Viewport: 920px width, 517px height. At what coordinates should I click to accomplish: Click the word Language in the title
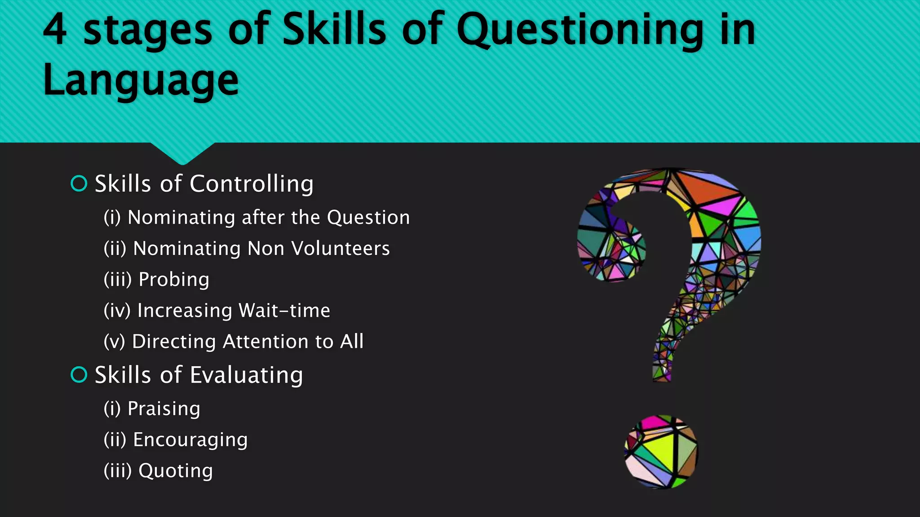(141, 81)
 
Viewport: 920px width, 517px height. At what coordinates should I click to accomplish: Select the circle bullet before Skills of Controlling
(79, 184)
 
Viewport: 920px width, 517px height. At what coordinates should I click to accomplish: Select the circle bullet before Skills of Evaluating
(79, 375)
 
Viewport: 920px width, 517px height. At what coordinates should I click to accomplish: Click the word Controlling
(252, 184)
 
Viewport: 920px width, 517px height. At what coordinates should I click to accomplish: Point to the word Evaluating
(246, 376)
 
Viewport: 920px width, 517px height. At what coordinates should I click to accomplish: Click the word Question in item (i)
(368, 218)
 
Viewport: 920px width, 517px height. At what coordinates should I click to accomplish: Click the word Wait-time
(284, 311)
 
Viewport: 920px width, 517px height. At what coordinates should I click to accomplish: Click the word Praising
(164, 409)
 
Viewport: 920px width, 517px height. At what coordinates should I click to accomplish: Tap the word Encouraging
(190, 440)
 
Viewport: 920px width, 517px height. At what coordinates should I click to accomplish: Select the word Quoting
(175, 471)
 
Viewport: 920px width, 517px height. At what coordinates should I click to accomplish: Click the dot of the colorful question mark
(661, 451)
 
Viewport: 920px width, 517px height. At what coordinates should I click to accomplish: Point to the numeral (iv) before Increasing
(117, 311)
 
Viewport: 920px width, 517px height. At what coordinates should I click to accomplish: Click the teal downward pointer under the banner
(182, 153)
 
